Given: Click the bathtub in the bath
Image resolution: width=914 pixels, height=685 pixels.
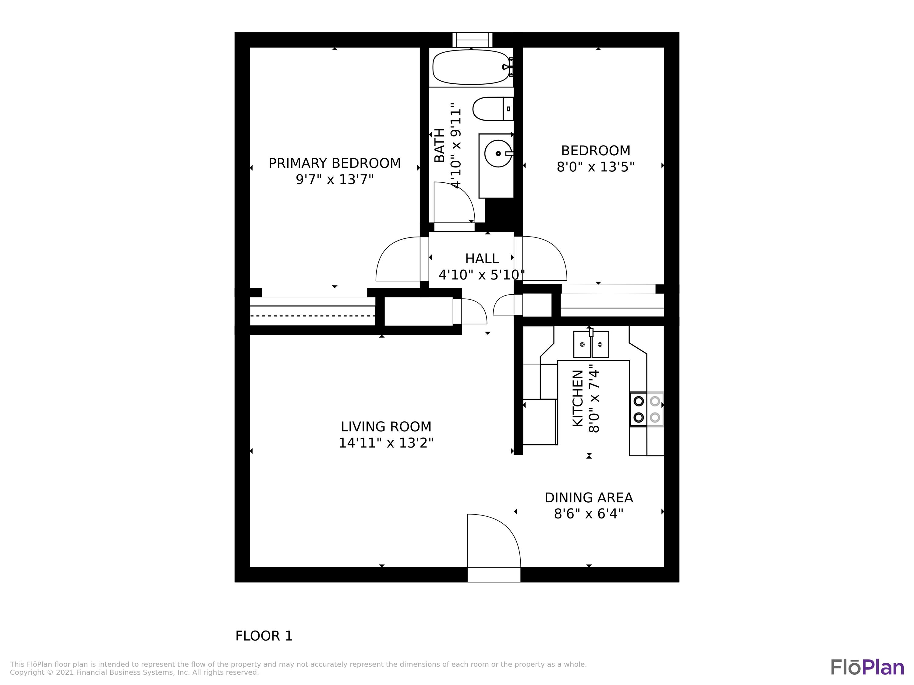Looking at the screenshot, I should point(471,67).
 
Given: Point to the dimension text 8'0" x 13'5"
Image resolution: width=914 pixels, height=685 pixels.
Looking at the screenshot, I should point(595,167).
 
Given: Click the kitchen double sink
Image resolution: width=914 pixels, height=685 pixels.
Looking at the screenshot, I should point(591,344).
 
